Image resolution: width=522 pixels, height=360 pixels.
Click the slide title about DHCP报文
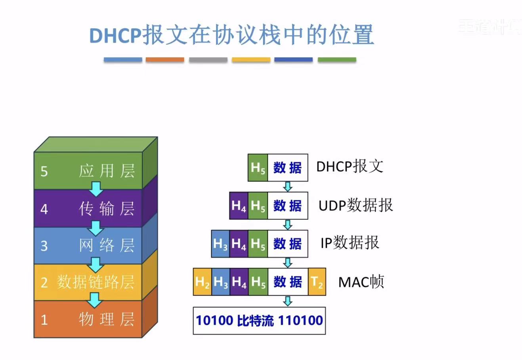point(231,35)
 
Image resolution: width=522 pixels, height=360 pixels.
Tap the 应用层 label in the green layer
point(107,171)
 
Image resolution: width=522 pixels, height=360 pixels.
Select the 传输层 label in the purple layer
point(107,208)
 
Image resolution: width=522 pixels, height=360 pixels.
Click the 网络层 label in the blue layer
point(107,246)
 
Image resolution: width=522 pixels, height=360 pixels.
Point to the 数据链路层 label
point(96,282)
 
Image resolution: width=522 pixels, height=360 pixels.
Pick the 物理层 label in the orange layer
point(107,319)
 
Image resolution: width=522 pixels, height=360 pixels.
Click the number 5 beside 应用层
point(44,171)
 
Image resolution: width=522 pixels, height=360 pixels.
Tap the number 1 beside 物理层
point(44,320)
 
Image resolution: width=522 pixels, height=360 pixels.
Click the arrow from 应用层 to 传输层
point(96,189)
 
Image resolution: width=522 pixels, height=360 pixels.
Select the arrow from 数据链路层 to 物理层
point(95,300)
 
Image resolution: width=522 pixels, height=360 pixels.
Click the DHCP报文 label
point(350,166)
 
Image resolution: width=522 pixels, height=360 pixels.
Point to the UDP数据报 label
point(356,205)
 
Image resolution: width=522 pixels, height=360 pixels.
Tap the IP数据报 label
point(350,242)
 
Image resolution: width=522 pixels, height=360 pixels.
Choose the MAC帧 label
point(361,282)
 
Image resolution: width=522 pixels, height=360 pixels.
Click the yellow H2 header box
point(202,282)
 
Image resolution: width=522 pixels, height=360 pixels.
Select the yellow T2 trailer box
point(317,282)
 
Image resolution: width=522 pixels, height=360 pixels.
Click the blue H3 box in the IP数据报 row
point(220,244)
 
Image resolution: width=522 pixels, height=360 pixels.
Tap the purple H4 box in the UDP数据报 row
point(239,206)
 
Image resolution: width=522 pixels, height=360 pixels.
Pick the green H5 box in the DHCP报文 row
point(258,168)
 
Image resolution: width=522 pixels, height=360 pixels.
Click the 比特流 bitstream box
point(259,320)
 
